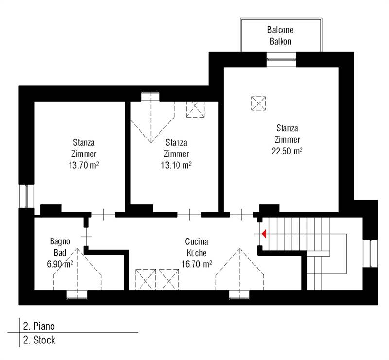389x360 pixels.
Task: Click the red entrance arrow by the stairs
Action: click(264, 234)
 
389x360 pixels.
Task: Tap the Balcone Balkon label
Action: click(281, 35)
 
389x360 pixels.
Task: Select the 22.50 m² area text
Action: click(287, 151)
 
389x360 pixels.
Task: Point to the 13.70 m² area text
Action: click(84, 165)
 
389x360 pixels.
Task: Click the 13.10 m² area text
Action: click(176, 165)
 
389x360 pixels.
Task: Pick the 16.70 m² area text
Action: click(196, 264)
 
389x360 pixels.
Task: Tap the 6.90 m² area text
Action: click(60, 264)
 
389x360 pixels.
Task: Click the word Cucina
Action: click(196, 241)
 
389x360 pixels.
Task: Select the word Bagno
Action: click(60, 241)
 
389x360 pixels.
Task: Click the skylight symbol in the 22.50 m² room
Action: click(259, 103)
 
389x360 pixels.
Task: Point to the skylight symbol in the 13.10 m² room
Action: click(195, 109)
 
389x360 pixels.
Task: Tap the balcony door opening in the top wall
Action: click(282, 59)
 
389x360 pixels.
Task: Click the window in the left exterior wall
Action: click(26, 196)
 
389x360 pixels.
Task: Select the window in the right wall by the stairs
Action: click(371, 253)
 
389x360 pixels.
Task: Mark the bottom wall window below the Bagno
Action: click(77, 294)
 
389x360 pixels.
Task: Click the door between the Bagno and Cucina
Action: click(86, 237)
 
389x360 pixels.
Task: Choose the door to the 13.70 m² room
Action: click(104, 215)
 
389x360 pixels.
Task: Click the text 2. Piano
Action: click(39, 326)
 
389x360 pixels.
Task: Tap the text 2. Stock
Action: click(39, 340)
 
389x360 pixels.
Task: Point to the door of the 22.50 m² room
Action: click(241, 215)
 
